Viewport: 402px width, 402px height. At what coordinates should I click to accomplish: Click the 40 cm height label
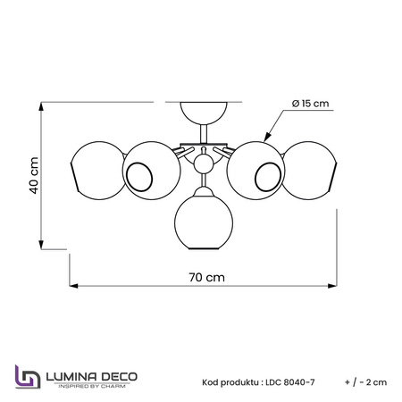coord(34,175)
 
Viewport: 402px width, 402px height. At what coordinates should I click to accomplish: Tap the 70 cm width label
coord(207,278)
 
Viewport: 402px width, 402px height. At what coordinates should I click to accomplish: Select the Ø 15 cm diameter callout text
coord(311,104)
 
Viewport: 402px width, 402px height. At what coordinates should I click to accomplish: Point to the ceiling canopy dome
coord(204,113)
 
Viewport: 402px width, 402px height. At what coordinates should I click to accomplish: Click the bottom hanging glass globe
coord(204,221)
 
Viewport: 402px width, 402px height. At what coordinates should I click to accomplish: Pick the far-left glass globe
coord(97,171)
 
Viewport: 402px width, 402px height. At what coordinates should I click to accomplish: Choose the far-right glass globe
coord(310,171)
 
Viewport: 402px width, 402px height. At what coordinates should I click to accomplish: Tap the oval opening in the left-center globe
coord(139,177)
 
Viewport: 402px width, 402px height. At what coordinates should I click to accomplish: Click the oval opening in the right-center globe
coord(268,177)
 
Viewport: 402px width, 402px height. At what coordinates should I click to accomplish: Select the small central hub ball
coord(204,164)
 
